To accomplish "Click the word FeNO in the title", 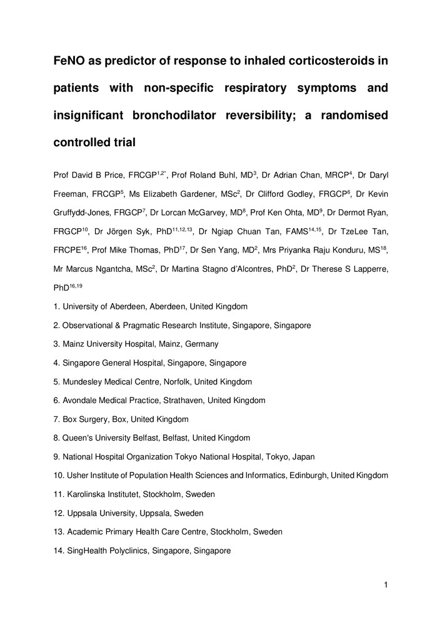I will [x=69, y=61].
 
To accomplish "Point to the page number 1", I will [x=386, y=585].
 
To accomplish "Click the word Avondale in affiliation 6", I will [x=80, y=401].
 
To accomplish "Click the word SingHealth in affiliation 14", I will [x=88, y=551].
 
